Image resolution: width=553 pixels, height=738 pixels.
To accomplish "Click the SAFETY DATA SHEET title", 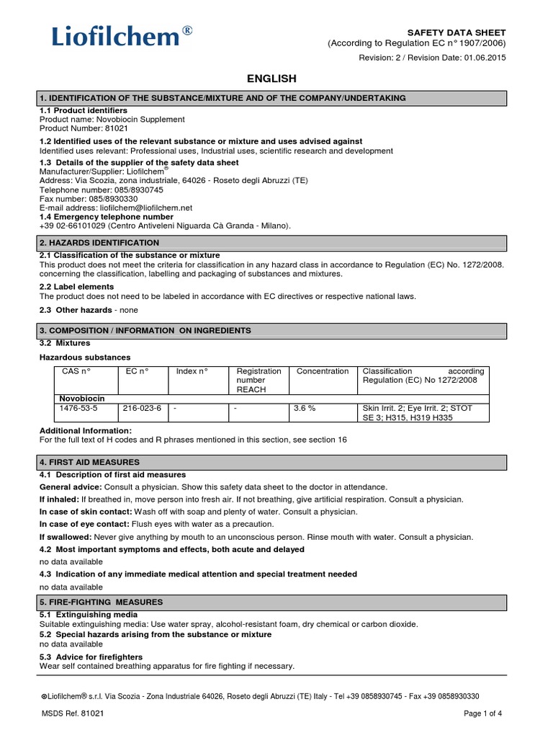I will [457, 32].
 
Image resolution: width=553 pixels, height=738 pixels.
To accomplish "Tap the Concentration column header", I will [323, 371].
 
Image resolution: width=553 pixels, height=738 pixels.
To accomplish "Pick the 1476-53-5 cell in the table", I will [77, 408].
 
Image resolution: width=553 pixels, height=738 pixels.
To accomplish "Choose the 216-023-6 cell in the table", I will [142, 408].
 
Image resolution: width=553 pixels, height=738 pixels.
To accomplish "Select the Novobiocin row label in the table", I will [81, 398].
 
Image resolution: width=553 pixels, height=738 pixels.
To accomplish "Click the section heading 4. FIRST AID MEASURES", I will [90, 462].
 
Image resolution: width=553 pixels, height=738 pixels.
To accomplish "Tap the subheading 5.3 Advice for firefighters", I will [91, 657].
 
